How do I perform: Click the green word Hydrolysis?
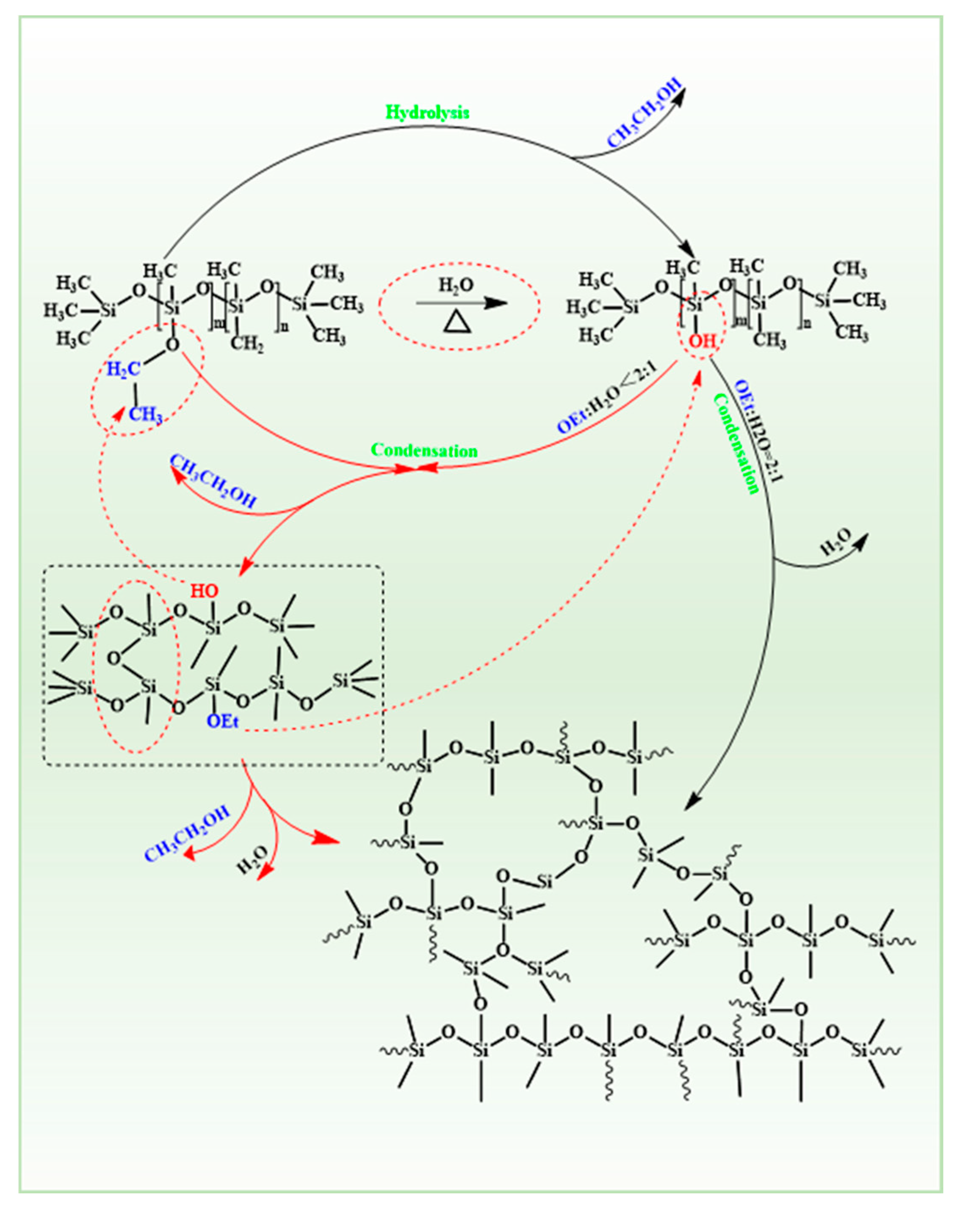[427, 112]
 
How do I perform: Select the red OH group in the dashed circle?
[703, 340]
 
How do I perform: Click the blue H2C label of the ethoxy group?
[123, 369]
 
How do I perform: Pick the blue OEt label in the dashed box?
[223, 721]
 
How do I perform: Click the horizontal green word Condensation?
[424, 451]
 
